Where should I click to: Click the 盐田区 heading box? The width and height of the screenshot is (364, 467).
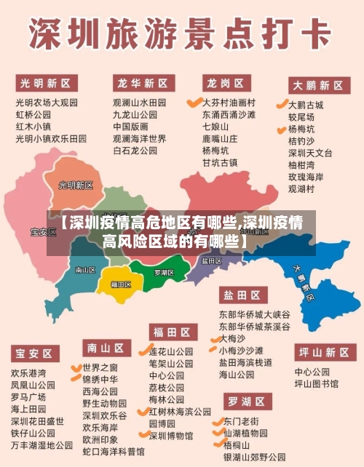(x=241, y=295)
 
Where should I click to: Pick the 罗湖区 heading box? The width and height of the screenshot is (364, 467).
(x=246, y=401)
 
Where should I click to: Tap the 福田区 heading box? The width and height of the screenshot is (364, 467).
(x=171, y=332)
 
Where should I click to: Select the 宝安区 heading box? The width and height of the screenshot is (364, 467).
(x=34, y=354)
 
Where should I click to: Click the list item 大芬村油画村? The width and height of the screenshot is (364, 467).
(x=229, y=103)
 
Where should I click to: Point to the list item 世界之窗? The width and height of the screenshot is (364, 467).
(x=100, y=367)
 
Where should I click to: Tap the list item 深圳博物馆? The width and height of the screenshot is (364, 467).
(x=170, y=436)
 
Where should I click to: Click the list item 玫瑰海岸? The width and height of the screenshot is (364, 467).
(x=306, y=177)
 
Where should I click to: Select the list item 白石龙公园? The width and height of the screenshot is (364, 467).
(x=135, y=151)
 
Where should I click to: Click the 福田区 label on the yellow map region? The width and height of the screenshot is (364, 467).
(x=120, y=284)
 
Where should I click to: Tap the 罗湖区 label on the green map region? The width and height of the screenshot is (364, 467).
(x=164, y=272)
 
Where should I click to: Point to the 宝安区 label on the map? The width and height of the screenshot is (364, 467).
(x=43, y=232)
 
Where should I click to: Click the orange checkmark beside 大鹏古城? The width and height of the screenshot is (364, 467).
(x=282, y=105)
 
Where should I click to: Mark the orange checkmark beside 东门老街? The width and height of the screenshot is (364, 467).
(x=216, y=420)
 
